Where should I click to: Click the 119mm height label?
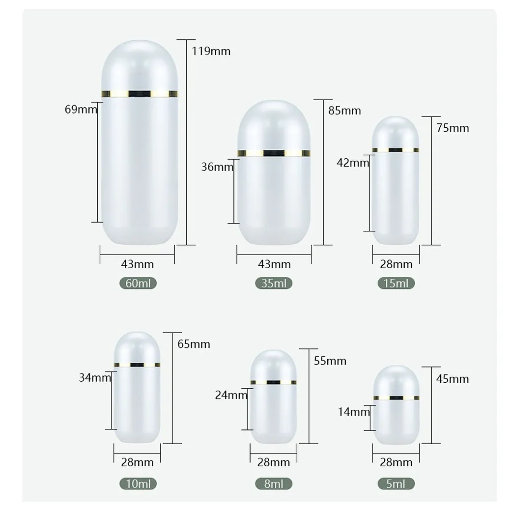pyautogui.click(x=211, y=51)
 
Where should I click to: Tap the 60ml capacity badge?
pyautogui.click(x=138, y=283)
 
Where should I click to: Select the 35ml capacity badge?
pyautogui.click(x=274, y=283)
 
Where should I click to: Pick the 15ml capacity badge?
pyautogui.click(x=396, y=283)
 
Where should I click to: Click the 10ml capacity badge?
pyautogui.click(x=138, y=483)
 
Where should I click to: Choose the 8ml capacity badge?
pyautogui.click(x=274, y=483)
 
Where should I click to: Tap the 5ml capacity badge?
pyautogui.click(x=396, y=483)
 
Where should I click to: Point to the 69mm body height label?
pyautogui.click(x=81, y=109)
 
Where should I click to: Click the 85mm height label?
pyautogui.click(x=344, y=111)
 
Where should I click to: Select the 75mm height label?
pyautogui.click(x=453, y=128)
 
